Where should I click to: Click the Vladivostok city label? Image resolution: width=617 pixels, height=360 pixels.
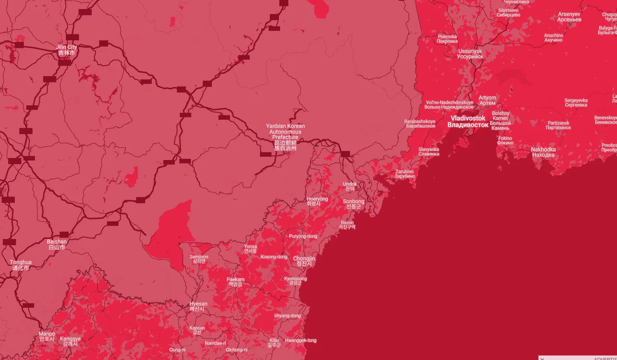[468, 121]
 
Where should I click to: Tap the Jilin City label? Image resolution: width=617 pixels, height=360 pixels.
[67, 50]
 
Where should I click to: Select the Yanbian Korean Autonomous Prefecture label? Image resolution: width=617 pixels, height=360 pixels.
[285, 137]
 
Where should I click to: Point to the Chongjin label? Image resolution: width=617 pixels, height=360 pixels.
[304, 261]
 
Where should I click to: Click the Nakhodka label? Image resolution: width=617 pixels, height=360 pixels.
[543, 152]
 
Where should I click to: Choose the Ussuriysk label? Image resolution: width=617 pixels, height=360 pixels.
[470, 54]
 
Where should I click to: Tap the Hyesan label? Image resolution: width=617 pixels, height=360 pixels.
[198, 306]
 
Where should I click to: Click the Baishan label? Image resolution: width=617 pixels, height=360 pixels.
[57, 244]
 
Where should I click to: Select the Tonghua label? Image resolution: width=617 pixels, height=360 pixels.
[21, 265]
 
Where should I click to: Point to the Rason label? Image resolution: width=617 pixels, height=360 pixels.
[347, 225]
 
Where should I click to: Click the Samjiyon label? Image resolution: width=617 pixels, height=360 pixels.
[199, 259]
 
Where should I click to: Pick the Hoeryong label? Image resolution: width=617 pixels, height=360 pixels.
[317, 201]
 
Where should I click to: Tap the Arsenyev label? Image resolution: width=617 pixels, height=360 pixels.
[569, 17]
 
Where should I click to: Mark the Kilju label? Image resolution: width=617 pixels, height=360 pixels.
[274, 342]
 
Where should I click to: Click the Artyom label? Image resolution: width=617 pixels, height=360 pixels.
[487, 100]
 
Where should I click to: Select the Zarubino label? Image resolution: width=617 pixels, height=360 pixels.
[405, 174]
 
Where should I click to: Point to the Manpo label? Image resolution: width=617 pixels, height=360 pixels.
[47, 336]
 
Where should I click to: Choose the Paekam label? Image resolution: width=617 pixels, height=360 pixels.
[235, 282]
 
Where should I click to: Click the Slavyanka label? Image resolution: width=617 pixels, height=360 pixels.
[429, 152]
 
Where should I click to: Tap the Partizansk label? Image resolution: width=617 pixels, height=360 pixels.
[558, 125]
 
